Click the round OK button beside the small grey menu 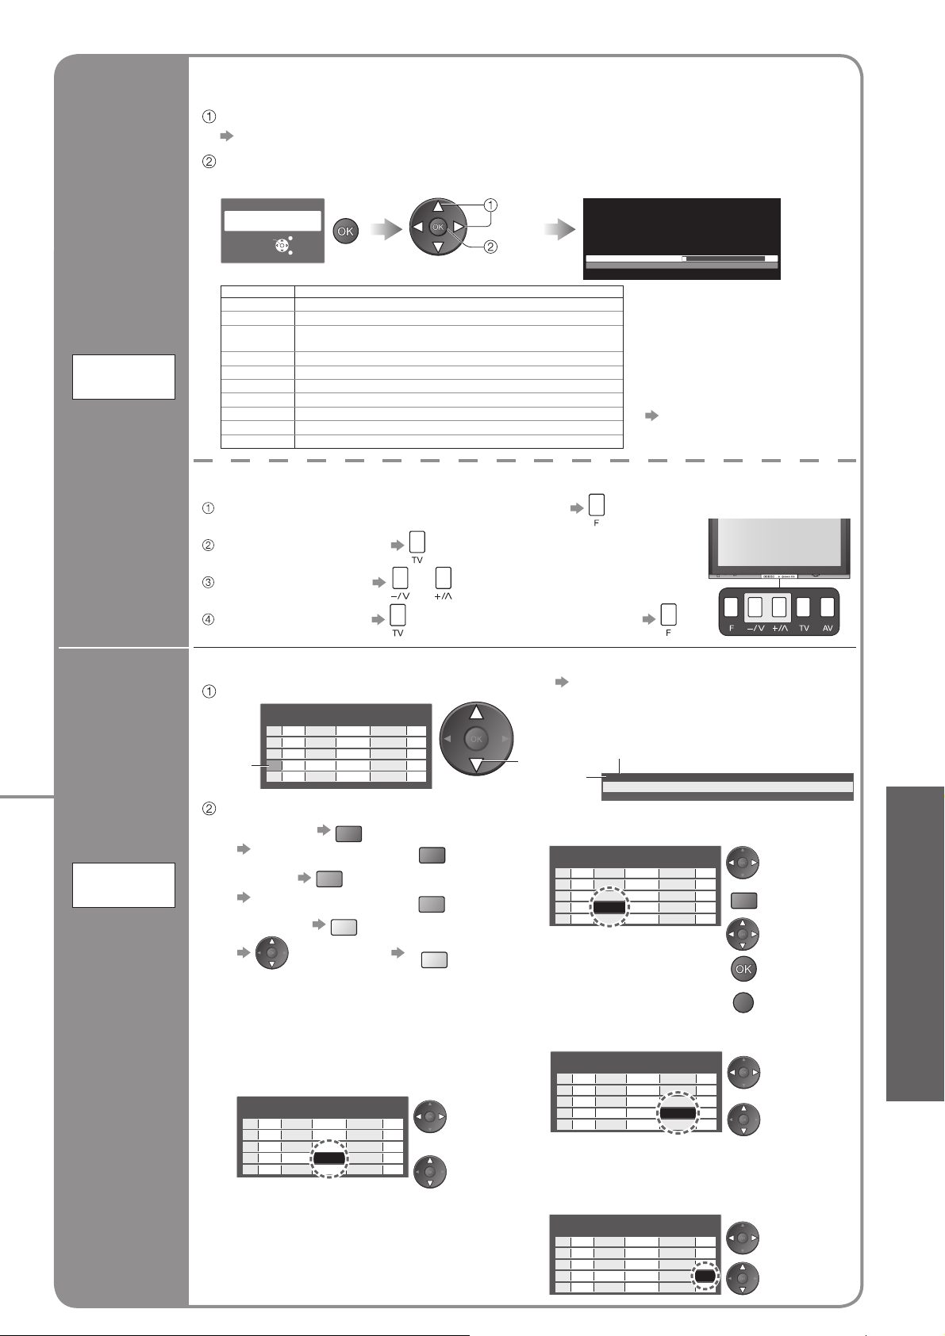[346, 232]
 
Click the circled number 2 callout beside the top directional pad [491, 247]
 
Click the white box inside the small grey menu [272, 220]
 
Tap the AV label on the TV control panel [828, 626]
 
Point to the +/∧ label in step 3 [444, 596]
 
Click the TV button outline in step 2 [417, 542]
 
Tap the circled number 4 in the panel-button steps [209, 619]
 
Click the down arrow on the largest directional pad [476, 765]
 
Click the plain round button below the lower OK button [742, 1002]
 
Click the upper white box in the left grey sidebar [123, 377]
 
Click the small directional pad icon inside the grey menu [281, 245]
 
